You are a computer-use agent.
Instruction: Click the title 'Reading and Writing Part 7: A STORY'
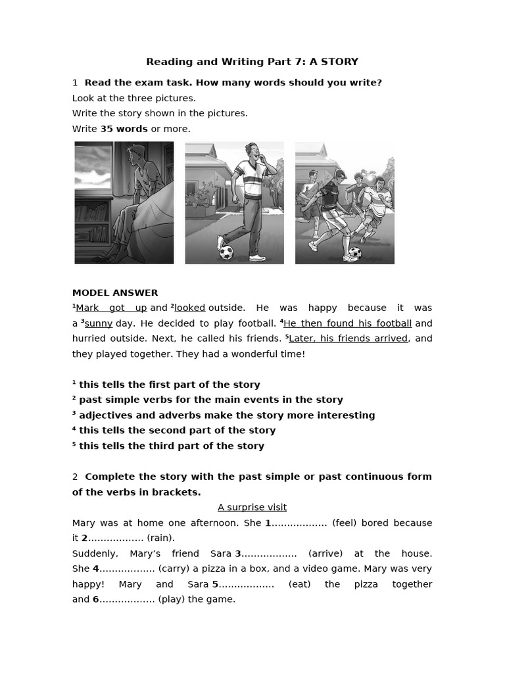(252, 62)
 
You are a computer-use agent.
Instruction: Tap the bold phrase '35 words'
(124, 129)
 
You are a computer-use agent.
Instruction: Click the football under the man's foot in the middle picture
(226, 251)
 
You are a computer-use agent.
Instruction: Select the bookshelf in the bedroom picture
(92, 223)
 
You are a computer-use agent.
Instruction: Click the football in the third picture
(355, 252)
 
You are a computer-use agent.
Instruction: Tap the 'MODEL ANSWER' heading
(115, 292)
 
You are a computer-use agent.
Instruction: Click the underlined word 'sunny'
(98, 323)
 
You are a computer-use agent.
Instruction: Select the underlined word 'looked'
(190, 308)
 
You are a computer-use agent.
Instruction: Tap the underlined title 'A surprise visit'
(252, 507)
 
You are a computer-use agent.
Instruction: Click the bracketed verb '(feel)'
(345, 522)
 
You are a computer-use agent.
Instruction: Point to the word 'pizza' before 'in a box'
(214, 569)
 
